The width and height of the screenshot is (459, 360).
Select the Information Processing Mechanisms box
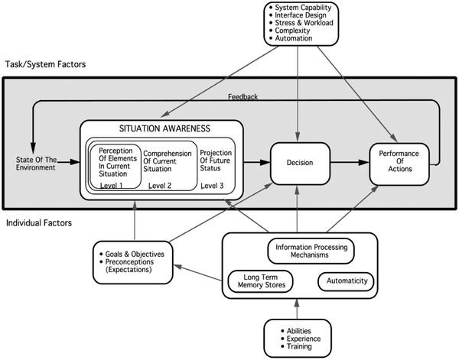[x=312, y=251]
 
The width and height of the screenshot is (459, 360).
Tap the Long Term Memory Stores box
[x=261, y=282]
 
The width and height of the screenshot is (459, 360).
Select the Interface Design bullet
[x=299, y=15]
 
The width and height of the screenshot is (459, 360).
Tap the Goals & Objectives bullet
[x=132, y=253]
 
